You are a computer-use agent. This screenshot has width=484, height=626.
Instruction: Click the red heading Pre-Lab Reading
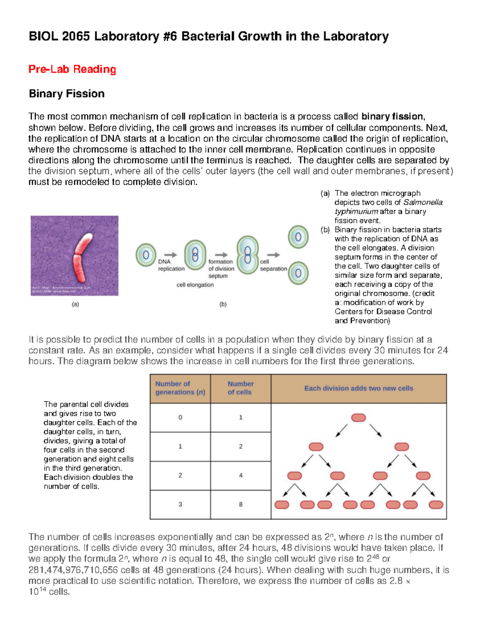coord(72,69)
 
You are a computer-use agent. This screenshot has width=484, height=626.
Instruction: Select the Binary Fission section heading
coord(67,94)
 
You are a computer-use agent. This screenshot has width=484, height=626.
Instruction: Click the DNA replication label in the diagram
coord(171,265)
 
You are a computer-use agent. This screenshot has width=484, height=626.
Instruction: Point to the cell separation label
coord(273,265)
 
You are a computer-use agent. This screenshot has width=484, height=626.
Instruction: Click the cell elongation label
coord(195,285)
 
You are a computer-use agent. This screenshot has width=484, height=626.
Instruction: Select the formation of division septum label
coord(221,269)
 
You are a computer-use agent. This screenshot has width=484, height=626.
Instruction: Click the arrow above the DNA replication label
coord(171,255)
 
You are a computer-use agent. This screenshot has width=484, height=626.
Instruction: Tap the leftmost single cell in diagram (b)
coord(146,255)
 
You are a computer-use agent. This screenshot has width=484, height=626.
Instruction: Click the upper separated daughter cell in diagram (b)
coord(298,237)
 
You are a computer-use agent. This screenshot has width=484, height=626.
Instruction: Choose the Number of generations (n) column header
coord(180,388)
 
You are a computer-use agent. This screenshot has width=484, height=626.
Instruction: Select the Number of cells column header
coord(240,388)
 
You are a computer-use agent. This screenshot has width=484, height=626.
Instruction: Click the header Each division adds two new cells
coord(359,389)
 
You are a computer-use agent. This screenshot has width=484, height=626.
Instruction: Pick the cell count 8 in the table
coord(241,504)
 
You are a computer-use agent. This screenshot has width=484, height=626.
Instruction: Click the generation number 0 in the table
coord(180,418)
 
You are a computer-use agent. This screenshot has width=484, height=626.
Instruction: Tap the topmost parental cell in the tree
coord(359,418)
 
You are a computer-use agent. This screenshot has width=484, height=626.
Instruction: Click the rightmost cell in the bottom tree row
coord(436,505)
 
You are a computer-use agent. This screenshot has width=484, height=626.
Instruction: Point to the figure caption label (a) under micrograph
coord(75,304)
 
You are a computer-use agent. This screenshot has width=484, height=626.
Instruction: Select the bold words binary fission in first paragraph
coord(392,117)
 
